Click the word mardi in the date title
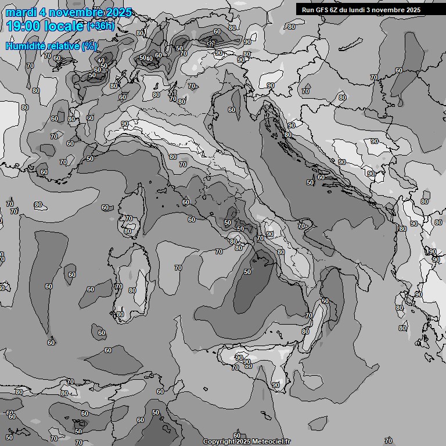[21, 12]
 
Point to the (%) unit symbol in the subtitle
[89, 46]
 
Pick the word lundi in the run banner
[363, 10]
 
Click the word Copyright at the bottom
[218, 442]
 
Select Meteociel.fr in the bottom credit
[272, 442]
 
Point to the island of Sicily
[256, 363]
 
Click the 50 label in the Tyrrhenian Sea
[247, 272]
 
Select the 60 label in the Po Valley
[232, 110]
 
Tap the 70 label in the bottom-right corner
[388, 441]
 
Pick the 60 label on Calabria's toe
[325, 301]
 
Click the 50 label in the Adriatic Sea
[310, 182]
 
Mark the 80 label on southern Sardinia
[120, 314]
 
